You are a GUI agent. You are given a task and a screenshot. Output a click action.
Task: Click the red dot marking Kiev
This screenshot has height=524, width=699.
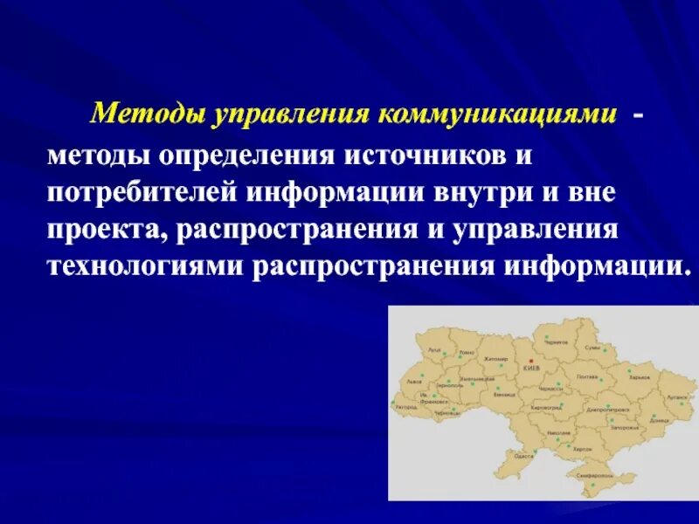tap(531, 360)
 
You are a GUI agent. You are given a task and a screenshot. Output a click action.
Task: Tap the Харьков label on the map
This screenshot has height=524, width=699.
tap(639, 376)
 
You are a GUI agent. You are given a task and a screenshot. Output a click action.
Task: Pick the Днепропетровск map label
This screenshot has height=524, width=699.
tap(604, 408)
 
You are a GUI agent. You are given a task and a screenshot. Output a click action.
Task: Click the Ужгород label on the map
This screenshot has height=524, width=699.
tap(406, 407)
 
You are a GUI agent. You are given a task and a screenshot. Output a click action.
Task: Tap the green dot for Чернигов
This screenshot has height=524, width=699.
tap(545, 336)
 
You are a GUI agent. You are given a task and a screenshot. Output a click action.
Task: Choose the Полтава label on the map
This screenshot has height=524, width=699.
tap(587, 376)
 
